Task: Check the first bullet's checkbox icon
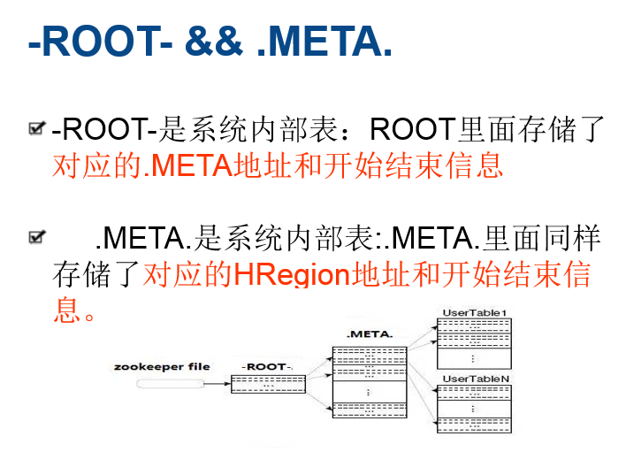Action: point(37,130)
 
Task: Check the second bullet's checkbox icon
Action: point(37,236)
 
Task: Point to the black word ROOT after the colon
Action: point(412,130)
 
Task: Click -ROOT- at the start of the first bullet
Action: point(104,130)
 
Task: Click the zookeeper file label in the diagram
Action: point(162,366)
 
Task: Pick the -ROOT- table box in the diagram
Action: point(268,384)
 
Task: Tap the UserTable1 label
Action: point(474,312)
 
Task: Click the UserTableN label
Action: point(474,379)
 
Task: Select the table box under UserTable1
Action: point(474,343)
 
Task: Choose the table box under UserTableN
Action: point(474,408)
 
